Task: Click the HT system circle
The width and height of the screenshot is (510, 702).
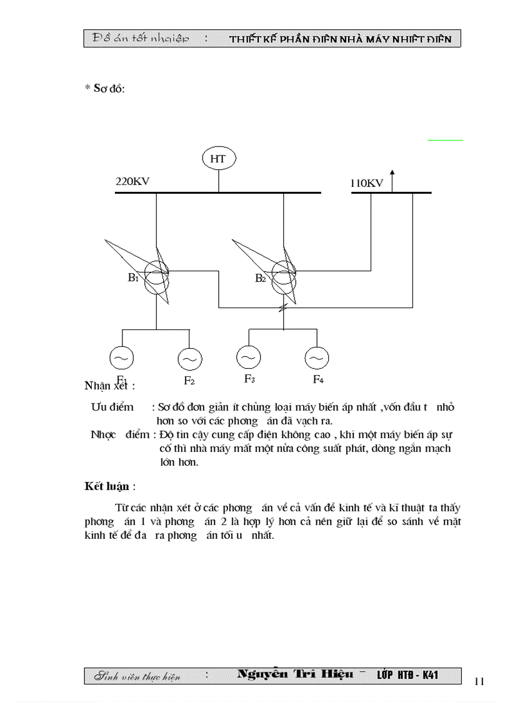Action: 217,159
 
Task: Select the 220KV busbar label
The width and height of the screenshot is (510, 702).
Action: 132,181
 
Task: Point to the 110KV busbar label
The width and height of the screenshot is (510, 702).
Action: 366,183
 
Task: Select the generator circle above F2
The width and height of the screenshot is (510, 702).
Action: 189,359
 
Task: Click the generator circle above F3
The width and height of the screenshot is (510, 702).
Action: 248,357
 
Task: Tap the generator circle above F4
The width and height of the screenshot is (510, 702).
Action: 316,358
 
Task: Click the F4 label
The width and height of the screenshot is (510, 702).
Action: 318,379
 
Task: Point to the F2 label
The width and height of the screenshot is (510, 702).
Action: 189,381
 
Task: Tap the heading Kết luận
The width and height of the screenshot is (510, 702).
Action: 109,486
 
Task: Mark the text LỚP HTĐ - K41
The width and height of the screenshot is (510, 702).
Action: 407,675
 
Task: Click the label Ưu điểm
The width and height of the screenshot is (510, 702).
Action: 112,407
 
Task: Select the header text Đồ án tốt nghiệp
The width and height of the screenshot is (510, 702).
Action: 141,39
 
